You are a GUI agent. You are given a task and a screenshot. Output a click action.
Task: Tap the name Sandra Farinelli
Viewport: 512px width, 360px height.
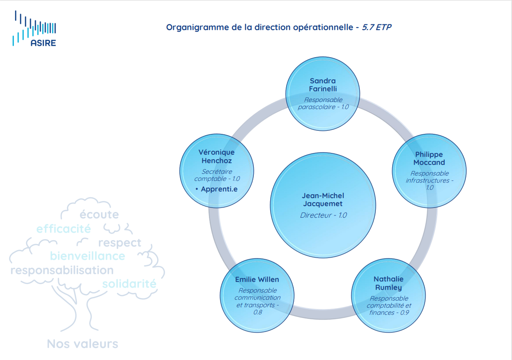323,85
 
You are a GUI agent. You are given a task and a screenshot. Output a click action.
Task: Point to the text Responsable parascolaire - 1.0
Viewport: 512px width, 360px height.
323,103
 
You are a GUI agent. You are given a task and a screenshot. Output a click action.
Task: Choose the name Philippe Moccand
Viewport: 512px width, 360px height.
429,158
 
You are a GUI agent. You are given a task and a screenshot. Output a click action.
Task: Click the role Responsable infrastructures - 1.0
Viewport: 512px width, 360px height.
429,180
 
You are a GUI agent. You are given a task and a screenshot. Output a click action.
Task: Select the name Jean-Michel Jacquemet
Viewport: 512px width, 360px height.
323,199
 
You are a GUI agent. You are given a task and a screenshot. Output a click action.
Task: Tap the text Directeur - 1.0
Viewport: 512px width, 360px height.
323,215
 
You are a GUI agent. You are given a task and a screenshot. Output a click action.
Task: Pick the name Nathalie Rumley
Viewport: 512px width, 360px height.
389,283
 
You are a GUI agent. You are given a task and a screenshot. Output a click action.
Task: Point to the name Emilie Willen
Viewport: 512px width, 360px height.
257,279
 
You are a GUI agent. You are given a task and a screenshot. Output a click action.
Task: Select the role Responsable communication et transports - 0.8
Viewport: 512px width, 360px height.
257,301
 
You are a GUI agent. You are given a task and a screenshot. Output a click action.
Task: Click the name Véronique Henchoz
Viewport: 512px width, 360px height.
217,156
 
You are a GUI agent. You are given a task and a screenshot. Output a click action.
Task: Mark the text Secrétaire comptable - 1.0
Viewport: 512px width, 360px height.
217,175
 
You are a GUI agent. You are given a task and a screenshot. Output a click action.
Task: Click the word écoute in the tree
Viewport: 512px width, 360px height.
99,215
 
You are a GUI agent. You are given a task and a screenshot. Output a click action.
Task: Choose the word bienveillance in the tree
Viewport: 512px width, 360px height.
87,256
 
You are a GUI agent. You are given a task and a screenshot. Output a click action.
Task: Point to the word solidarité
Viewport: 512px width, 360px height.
129,284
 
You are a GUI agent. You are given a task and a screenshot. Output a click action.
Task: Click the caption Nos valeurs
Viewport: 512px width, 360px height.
83,344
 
